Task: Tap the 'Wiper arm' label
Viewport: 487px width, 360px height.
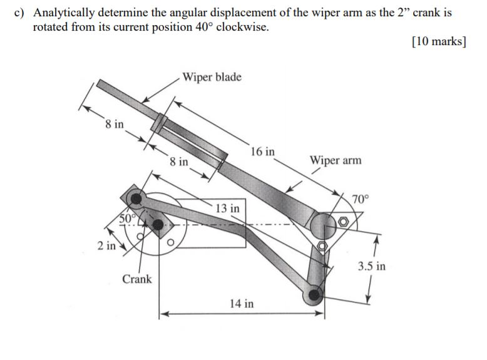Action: (336, 160)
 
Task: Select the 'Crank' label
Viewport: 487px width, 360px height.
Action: (137, 279)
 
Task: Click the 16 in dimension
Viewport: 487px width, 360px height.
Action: (262, 151)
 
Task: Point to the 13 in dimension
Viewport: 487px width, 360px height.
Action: (227, 208)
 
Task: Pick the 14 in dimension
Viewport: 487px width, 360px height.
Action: (242, 304)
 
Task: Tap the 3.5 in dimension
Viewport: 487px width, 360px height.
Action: (372, 266)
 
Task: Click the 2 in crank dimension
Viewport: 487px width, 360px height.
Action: (106, 245)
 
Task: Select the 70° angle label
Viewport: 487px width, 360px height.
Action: (361, 200)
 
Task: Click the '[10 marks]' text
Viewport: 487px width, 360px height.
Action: (439, 42)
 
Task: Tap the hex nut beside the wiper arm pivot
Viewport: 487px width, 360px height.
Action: (344, 222)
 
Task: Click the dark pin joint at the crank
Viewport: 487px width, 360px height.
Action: (158, 224)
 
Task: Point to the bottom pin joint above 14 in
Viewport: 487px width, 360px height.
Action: (314, 294)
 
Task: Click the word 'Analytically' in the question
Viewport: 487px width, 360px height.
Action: (63, 13)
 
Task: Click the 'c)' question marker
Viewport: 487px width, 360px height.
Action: (20, 13)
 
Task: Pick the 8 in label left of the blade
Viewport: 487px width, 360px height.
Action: (115, 124)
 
